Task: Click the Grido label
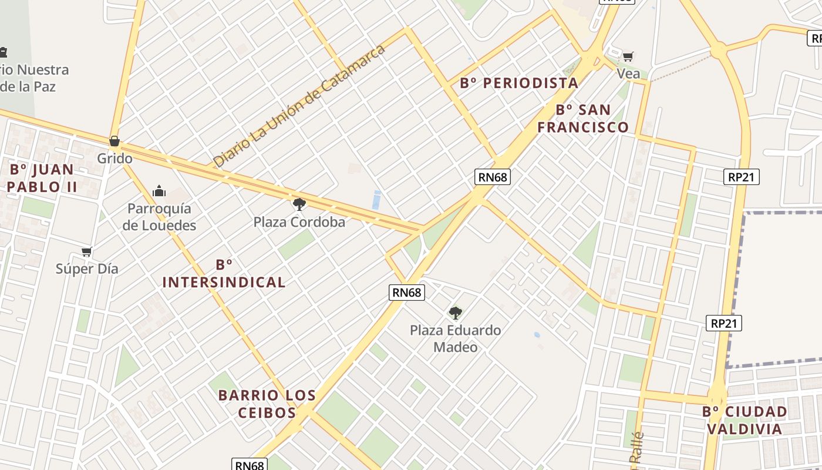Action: point(114,159)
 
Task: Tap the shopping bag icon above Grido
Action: point(114,141)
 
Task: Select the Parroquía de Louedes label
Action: point(159,217)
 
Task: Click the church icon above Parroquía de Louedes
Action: point(159,191)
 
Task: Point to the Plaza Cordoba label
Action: point(299,222)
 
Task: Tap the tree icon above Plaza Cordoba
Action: point(299,204)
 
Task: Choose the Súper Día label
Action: point(87,268)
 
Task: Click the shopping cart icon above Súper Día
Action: point(87,251)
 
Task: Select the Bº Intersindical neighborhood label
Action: point(224,274)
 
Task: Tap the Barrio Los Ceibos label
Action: point(267,404)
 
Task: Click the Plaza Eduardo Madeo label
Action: point(456,338)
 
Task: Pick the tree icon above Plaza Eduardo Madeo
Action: point(456,313)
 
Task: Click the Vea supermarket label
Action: point(628,74)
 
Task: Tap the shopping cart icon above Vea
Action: point(628,57)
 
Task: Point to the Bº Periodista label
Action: point(519,83)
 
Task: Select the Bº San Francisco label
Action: point(583,118)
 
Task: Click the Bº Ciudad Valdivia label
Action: point(744,420)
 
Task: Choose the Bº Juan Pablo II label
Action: point(43,179)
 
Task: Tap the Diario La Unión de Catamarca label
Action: point(299,105)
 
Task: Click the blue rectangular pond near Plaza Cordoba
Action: point(376,200)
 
